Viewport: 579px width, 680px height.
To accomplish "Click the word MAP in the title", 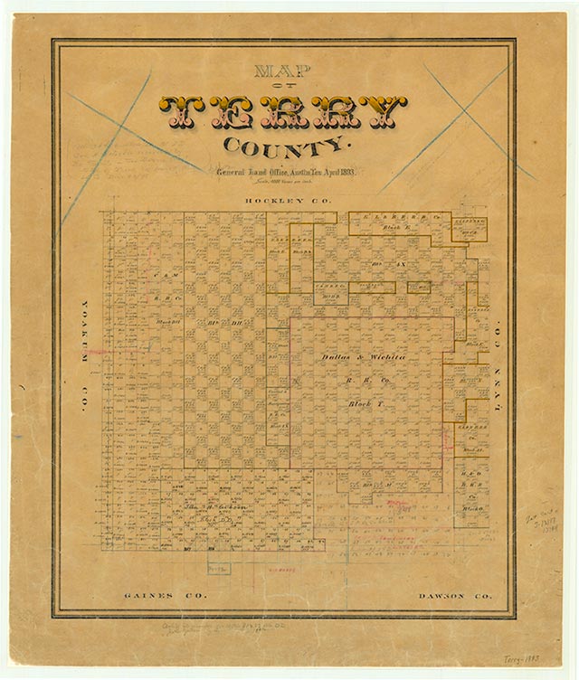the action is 282,71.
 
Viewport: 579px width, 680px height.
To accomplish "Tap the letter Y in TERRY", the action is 388,111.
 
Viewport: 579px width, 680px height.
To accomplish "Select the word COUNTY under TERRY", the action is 282,146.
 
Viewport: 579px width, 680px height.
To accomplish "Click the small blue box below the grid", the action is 218,568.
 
